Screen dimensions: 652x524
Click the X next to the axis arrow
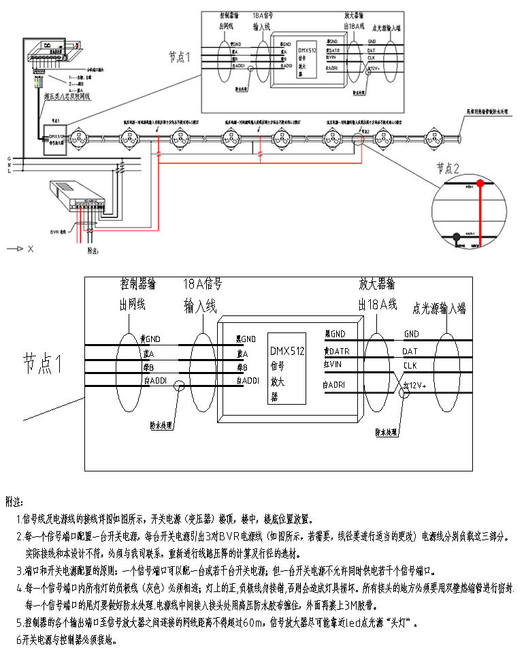(31, 249)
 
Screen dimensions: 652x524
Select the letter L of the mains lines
(8, 171)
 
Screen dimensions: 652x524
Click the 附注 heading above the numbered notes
(14, 501)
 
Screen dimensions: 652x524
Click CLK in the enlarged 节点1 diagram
(410, 365)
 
